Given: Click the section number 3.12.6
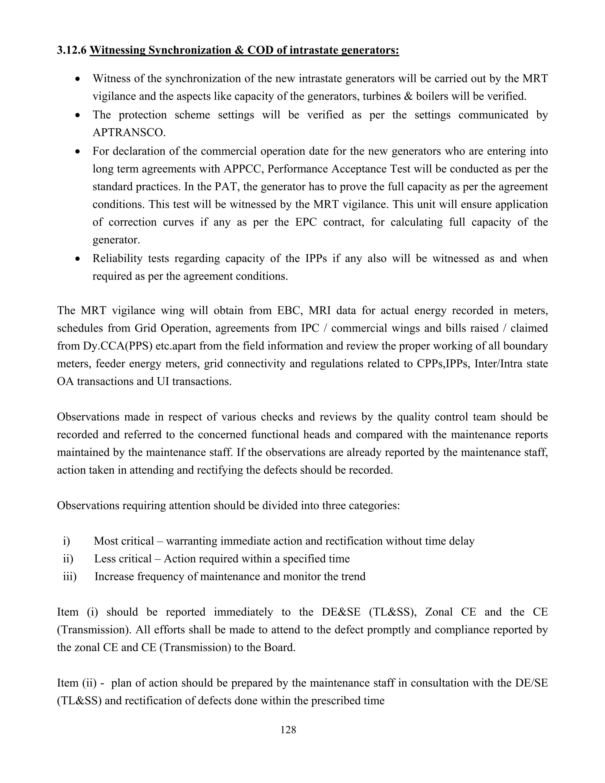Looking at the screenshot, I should (x=72, y=50).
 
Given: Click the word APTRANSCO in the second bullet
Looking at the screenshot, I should (x=129, y=133).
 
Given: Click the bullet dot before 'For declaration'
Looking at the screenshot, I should (x=78, y=152).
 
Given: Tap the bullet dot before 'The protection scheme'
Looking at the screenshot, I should (x=78, y=116).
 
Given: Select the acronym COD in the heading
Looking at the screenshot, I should (x=260, y=50).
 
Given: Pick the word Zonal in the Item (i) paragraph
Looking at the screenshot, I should (x=439, y=612).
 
